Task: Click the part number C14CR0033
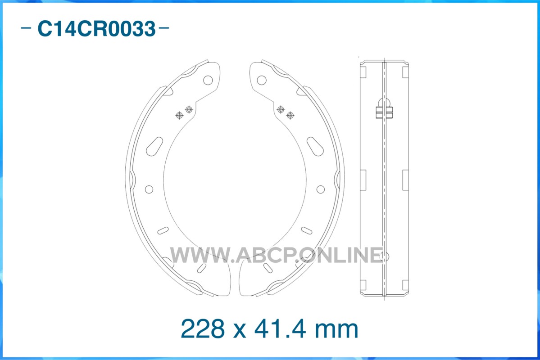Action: pos(96,28)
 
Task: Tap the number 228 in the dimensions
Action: pos(203,328)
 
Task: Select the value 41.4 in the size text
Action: pos(280,328)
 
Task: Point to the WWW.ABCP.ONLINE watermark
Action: pos(277,255)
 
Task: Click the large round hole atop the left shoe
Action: pos(208,80)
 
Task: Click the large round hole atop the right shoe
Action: pos(262,80)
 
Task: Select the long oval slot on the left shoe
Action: pos(154,146)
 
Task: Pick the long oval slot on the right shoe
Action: pos(315,146)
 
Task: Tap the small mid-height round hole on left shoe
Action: pos(149,189)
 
